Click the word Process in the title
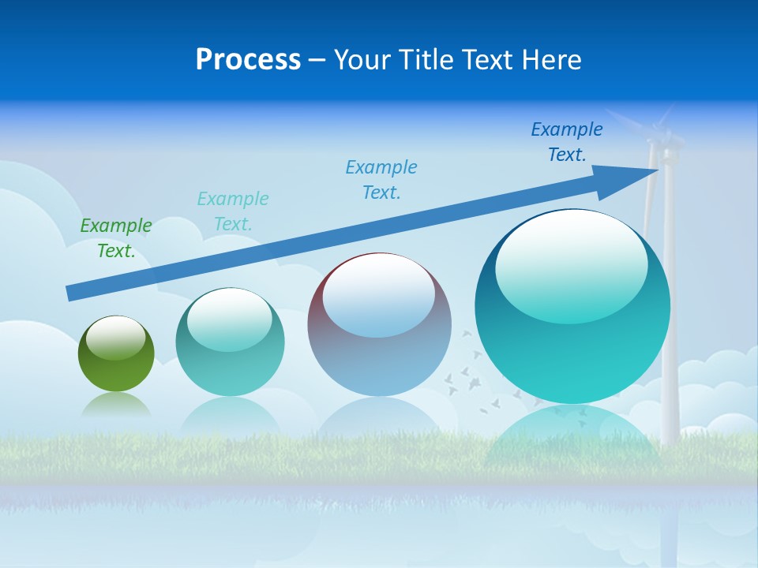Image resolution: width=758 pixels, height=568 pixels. click(248, 60)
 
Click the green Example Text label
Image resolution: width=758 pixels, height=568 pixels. click(116, 238)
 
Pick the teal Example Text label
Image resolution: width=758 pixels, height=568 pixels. click(233, 211)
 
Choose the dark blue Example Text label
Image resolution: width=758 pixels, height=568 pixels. click(567, 142)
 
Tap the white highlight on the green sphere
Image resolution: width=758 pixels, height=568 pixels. click(116, 338)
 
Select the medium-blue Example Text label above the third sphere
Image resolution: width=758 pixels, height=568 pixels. click(381, 180)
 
